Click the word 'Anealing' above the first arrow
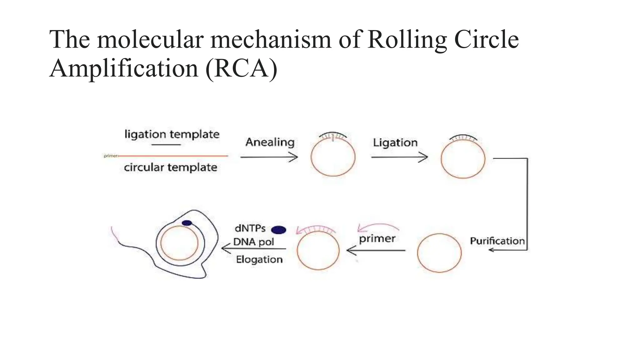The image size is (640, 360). pos(270,142)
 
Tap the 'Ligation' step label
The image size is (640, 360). pos(395,142)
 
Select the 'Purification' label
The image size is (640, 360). pos(497,241)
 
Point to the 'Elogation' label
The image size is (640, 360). pos(259,259)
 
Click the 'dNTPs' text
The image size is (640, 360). pos(250,228)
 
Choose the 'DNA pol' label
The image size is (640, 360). pos(253,242)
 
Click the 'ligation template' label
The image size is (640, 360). pos(172,134)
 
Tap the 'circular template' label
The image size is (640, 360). pos(171,167)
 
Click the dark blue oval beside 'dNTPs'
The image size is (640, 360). pos(279,230)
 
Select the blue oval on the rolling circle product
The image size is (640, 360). pos(187,223)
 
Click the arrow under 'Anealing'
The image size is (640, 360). pos(269,157)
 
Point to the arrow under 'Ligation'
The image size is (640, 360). pos(399,157)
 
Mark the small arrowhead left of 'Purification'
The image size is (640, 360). pos(492,250)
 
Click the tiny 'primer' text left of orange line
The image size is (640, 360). pos(110,156)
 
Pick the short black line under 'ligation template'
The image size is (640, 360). pos(166,145)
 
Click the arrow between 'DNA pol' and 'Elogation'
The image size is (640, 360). pos(253,249)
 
